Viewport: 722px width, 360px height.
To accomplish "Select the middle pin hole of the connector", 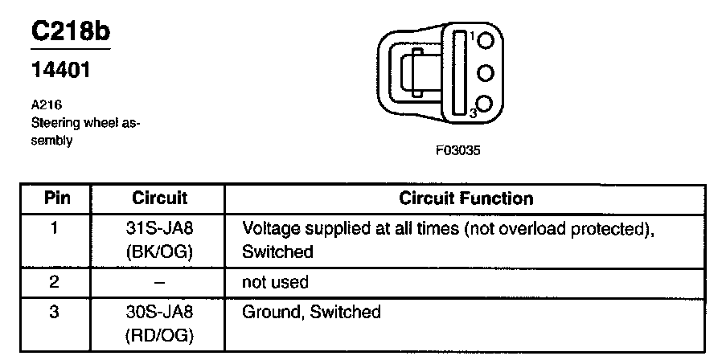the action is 486,73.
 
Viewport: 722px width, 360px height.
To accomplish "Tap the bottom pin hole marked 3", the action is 486,104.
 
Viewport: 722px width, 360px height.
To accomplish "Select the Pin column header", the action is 55,198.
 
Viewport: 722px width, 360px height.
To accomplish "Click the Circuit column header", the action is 158,198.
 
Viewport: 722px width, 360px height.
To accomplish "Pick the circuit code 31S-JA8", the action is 158,228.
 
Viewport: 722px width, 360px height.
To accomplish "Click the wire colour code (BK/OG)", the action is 158,251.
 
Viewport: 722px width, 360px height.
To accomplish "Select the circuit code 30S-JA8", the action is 158,311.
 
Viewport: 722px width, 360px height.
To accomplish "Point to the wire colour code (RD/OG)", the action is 158,333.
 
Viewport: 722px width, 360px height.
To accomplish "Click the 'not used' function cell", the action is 275,282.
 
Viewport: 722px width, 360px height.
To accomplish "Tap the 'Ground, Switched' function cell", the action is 311,311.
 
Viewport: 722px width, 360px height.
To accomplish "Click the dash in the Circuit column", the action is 158,282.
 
